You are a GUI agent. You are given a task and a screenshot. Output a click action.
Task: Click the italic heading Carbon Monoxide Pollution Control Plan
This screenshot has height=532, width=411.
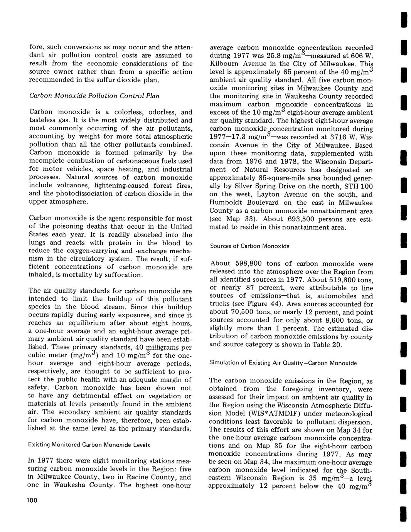(94, 96)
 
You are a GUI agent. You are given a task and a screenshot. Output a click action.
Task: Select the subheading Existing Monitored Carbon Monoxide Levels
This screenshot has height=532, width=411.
(89, 444)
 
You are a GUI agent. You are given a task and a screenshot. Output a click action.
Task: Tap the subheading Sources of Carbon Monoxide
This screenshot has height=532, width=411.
(249, 246)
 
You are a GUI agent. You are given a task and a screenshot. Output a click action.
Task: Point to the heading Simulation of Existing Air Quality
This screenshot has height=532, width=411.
(283, 363)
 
